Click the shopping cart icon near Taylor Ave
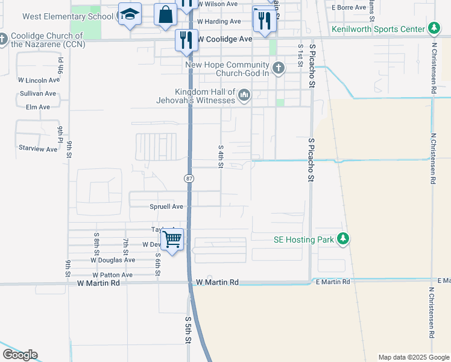click(x=173, y=240)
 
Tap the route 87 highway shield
click(x=189, y=177)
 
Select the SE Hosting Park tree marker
click(x=343, y=240)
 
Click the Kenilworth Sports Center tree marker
click(x=434, y=28)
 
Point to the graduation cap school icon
click(x=129, y=14)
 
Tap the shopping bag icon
click(x=165, y=14)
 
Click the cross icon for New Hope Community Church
click(x=278, y=68)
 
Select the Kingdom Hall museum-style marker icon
click(x=244, y=95)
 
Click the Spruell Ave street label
click(x=166, y=206)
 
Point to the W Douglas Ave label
click(x=113, y=260)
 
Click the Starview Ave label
click(x=37, y=147)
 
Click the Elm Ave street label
click(x=38, y=107)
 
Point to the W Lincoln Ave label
click(x=39, y=80)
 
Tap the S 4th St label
click(x=221, y=156)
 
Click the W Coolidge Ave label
click(x=224, y=39)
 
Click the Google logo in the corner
click(x=20, y=355)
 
